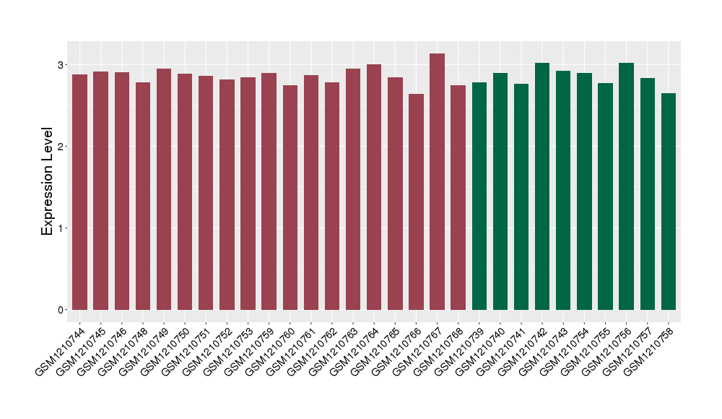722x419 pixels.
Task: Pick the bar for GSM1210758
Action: point(669,202)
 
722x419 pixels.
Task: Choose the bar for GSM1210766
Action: point(416,202)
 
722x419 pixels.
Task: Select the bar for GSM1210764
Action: point(374,187)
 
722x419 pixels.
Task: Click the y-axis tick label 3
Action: point(62,65)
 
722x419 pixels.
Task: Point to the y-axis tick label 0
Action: point(62,310)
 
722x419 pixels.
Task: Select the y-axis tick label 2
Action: point(62,147)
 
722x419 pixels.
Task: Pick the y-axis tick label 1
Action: point(62,228)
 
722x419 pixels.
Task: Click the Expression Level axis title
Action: point(48,182)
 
